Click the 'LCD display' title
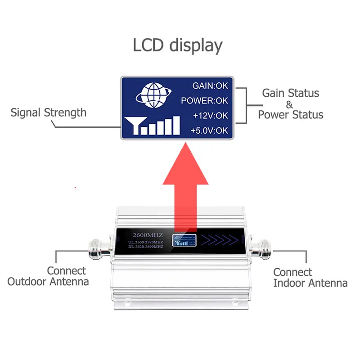[177, 46]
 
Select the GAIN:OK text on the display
[210, 85]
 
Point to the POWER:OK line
[205, 100]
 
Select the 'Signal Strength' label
[48, 112]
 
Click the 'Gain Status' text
[290, 93]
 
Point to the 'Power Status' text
[290, 115]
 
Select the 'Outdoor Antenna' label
[48, 282]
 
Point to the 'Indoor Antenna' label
[310, 283]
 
